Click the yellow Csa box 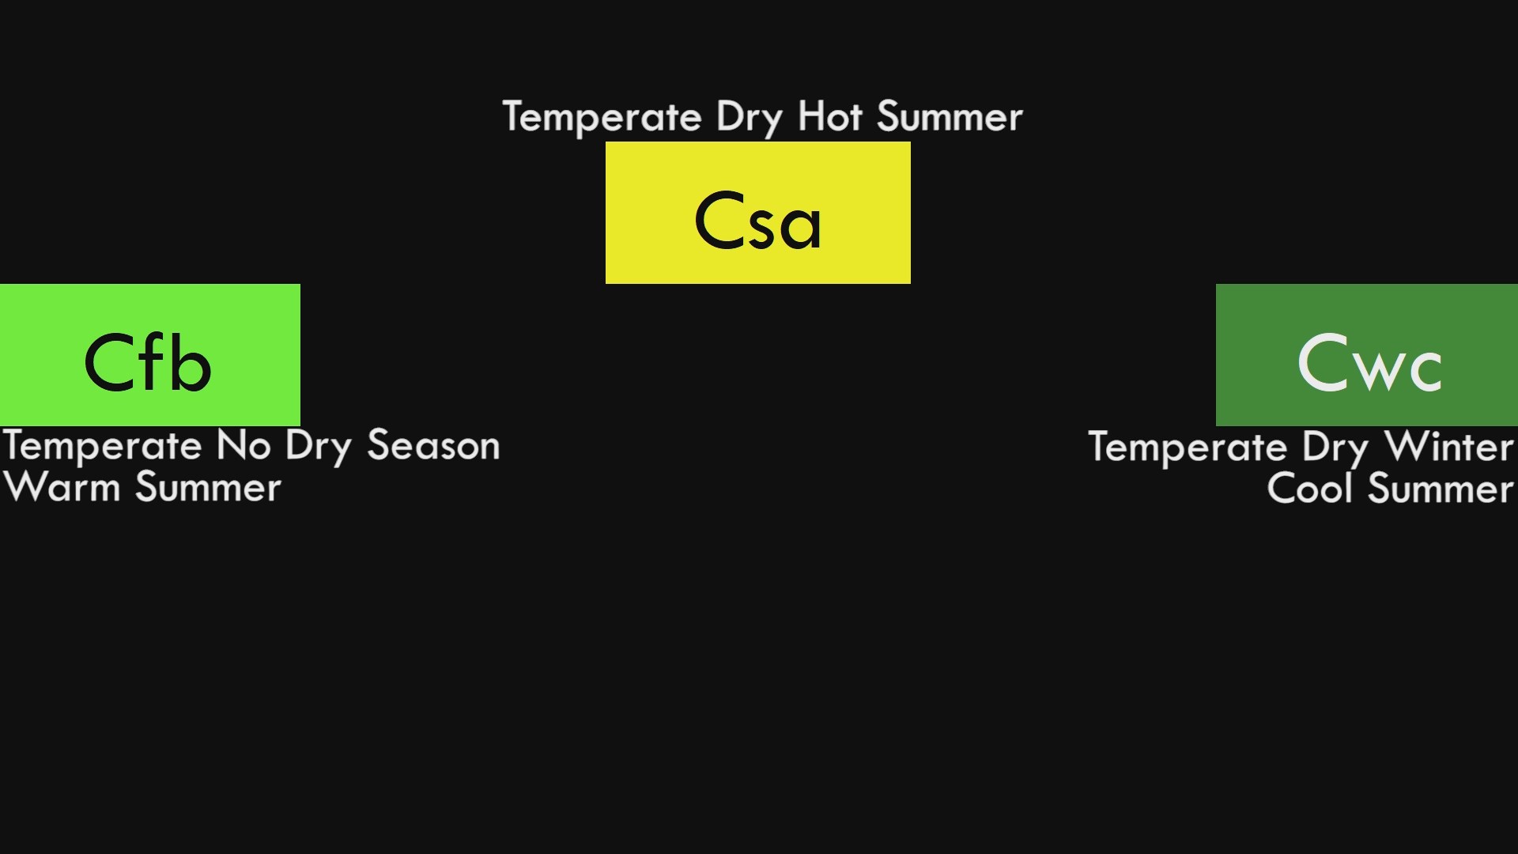[757, 212]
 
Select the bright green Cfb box [149, 354]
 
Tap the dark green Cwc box [1366, 354]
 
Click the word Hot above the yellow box [829, 117]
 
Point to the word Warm [62, 487]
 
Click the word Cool [1309, 488]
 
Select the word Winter [1449, 447]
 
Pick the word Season [433, 446]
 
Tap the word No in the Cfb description [244, 446]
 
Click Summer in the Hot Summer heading [950, 117]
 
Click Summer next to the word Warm [208, 487]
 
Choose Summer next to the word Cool [1441, 488]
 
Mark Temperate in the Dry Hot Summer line [602, 118]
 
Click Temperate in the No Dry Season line [102, 447]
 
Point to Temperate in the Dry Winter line [1188, 448]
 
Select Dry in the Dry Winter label [1335, 448]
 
